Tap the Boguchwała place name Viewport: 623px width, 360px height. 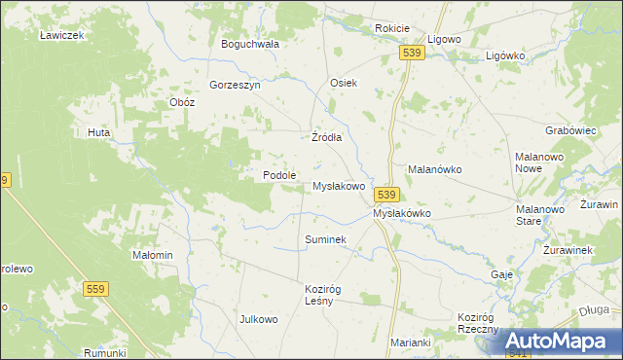click(x=250, y=44)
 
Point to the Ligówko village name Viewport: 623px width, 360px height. click(x=505, y=55)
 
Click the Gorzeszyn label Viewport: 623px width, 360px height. click(x=234, y=85)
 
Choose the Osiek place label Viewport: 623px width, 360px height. click(x=345, y=83)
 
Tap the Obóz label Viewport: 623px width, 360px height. click(x=182, y=102)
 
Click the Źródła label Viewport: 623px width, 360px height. click(x=326, y=137)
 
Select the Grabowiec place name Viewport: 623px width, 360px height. click(x=570, y=129)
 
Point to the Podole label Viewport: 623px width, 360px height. click(x=279, y=175)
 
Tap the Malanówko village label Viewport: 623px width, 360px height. click(x=434, y=169)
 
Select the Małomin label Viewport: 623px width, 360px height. click(x=152, y=255)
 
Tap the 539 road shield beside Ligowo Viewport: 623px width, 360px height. click(x=413, y=54)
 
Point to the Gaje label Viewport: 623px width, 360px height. click(x=502, y=274)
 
